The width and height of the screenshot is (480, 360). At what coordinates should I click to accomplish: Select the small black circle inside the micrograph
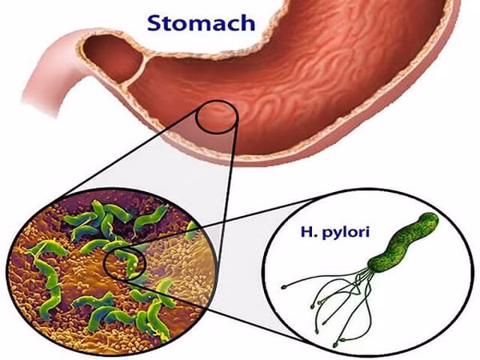[x=124, y=263]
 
